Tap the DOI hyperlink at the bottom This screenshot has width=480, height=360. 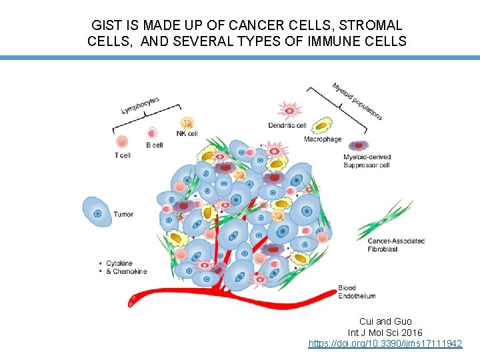(x=385, y=343)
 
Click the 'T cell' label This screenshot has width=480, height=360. (x=122, y=155)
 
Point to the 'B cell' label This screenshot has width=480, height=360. (x=154, y=145)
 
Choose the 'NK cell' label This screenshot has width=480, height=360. (x=187, y=133)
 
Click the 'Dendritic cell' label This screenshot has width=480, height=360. (x=287, y=125)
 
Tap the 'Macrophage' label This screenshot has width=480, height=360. (x=323, y=139)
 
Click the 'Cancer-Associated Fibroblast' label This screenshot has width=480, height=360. (x=391, y=245)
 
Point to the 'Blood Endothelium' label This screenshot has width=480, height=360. (x=356, y=292)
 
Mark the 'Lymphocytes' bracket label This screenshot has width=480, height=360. (x=141, y=105)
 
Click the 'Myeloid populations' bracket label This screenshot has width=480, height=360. (x=357, y=101)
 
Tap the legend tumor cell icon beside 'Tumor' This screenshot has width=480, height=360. (x=97, y=213)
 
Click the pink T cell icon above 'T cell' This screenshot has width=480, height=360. (x=122, y=141)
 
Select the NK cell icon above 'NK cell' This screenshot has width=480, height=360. (x=187, y=123)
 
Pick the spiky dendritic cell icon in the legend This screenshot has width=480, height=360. (x=289, y=111)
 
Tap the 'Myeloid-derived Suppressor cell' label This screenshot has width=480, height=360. (x=367, y=161)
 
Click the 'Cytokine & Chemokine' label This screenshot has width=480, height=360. (x=127, y=267)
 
